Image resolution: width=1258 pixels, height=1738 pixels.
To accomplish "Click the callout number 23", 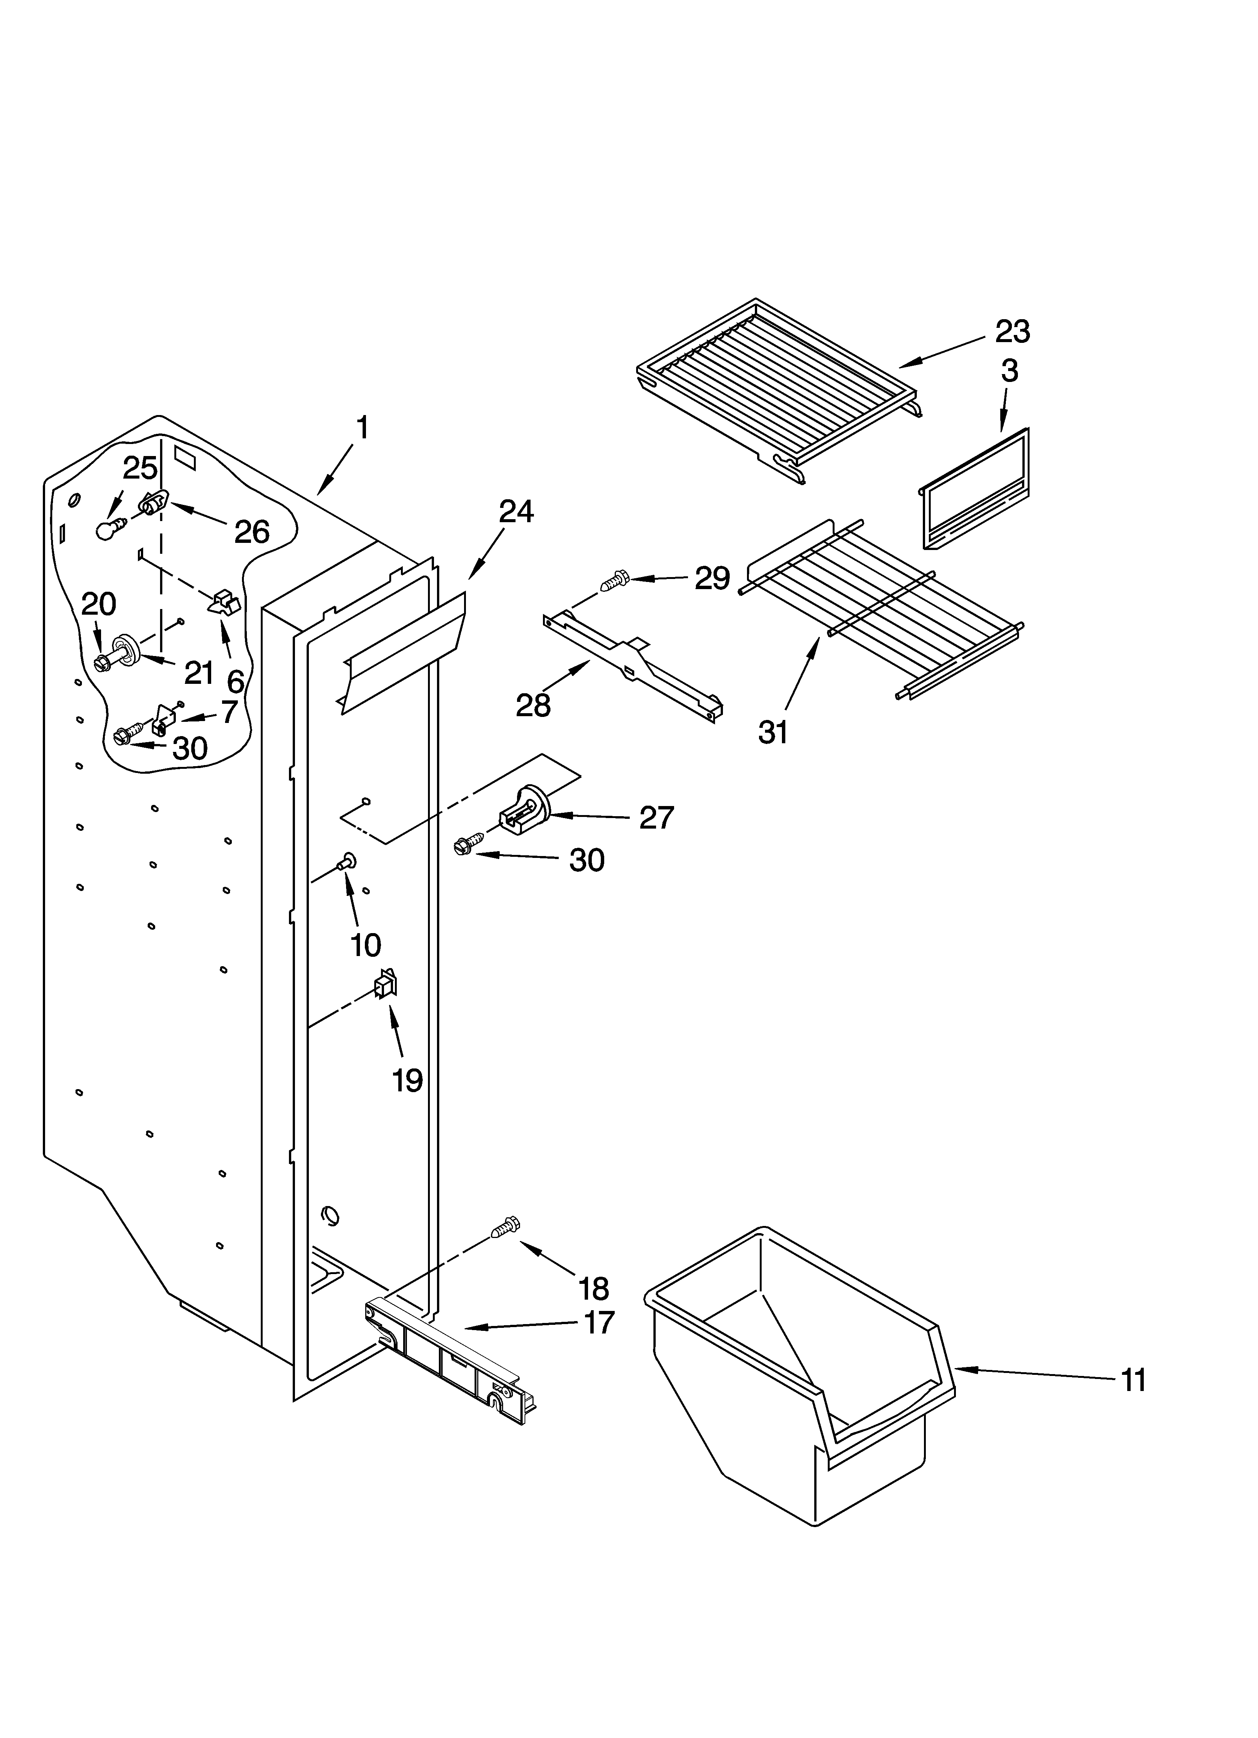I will click(x=1012, y=332).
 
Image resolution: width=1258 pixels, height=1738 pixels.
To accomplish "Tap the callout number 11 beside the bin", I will click(x=1133, y=1379).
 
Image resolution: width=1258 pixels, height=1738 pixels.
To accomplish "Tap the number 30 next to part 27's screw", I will click(x=587, y=860).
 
